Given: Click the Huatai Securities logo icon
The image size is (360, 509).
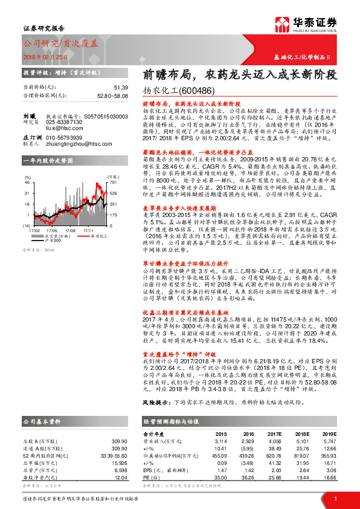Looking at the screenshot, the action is [x=281, y=25].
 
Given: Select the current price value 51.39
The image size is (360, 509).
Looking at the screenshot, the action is [x=121, y=88].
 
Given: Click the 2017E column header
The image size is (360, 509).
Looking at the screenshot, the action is [x=274, y=433].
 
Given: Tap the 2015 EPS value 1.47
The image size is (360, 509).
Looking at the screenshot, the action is [x=220, y=468].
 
